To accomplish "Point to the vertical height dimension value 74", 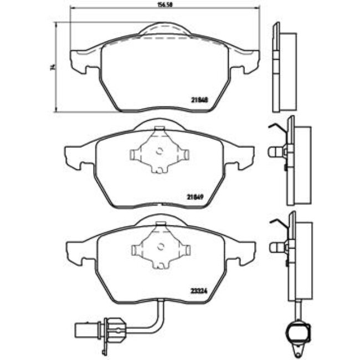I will tap(52, 68).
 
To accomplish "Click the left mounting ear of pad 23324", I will tap(75, 250).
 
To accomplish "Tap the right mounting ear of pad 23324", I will tap(244, 250).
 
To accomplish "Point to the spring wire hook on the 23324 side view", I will tap(275, 223).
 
